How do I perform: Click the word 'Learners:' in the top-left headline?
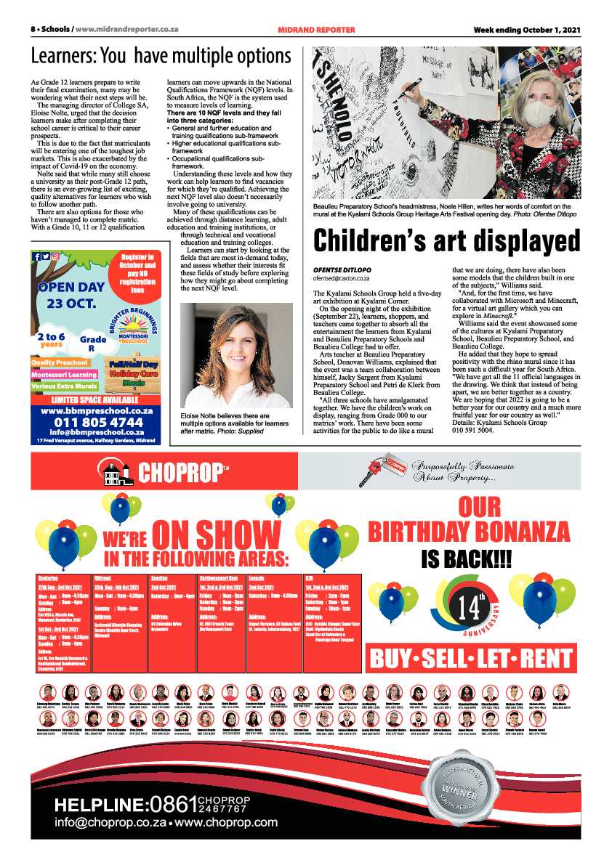63,56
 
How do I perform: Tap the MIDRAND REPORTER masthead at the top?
316,30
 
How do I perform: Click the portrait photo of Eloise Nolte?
235,356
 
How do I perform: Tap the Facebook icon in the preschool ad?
37,256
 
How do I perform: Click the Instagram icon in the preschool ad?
55,256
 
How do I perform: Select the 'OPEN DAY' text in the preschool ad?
73,286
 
